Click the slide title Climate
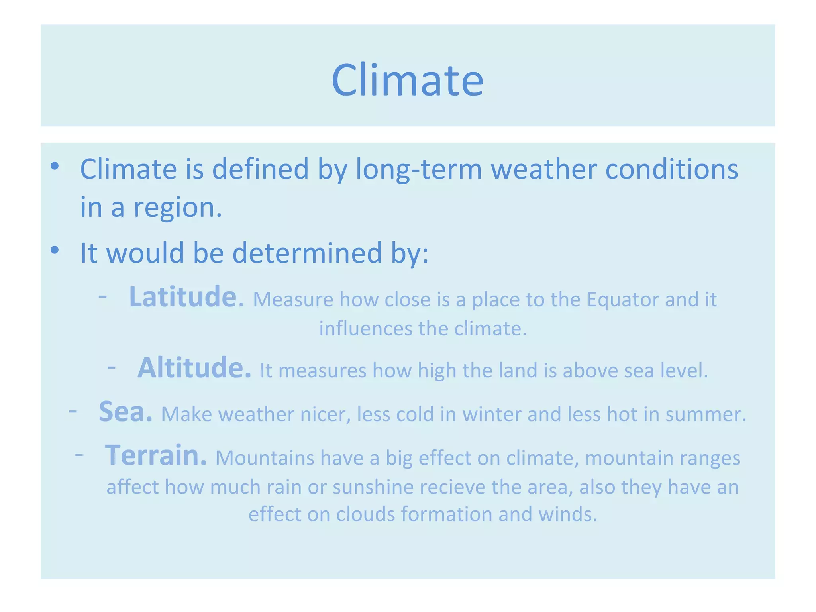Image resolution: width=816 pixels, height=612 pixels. pyautogui.click(x=407, y=80)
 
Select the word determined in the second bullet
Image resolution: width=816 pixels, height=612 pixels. pyautogui.click(x=307, y=253)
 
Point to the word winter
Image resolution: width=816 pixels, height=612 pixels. pyautogui.click(x=491, y=414)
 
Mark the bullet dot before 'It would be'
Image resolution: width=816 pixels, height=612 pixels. pyautogui.click(x=55, y=250)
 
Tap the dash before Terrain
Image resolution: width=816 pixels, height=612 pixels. pyautogui.click(x=79, y=455)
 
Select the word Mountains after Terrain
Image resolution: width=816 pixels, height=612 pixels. pyautogui.click(x=265, y=458)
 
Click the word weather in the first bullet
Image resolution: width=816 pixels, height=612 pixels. pyautogui.click(x=543, y=169)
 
